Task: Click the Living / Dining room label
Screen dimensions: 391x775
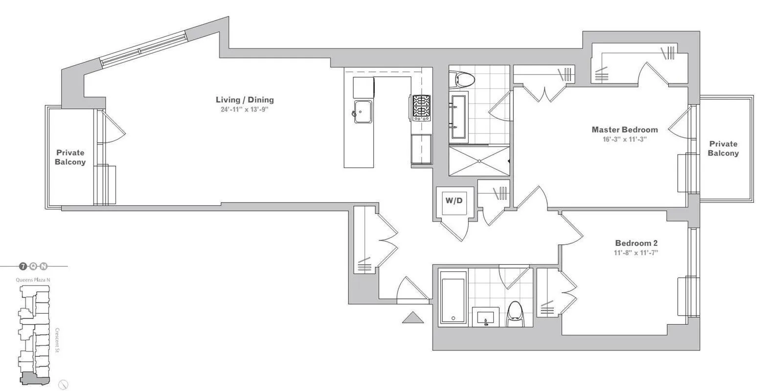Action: click(245, 100)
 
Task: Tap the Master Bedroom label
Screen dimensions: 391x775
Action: click(624, 130)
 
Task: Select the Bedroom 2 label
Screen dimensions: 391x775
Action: click(636, 243)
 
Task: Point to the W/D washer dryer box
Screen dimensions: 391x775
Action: click(454, 200)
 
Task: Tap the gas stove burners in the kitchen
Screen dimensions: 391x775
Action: click(421, 108)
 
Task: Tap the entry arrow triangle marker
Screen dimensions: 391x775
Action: click(412, 318)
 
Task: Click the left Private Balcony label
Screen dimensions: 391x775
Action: click(70, 157)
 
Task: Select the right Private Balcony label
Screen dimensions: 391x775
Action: click(723, 148)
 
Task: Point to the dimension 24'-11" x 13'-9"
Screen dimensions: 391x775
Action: click(245, 109)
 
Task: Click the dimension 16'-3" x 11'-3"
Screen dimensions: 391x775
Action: click(624, 139)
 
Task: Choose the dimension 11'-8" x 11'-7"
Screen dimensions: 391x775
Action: click(636, 253)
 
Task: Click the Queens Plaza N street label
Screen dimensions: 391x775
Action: click(33, 280)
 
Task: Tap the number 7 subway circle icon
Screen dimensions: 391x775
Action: click(23, 266)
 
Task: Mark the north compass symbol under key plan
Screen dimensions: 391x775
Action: click(62, 384)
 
